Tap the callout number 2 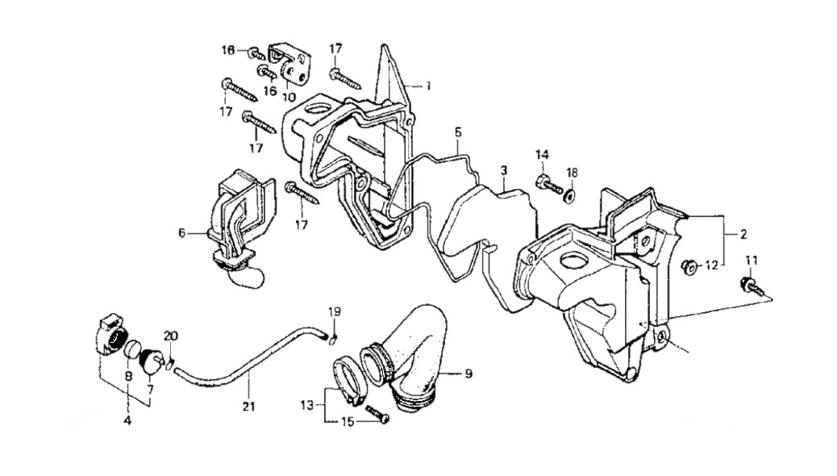pos(743,234)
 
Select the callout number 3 pos(503,171)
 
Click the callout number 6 pos(181,233)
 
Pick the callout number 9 pos(468,374)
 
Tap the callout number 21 pos(248,407)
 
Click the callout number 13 pos(307,406)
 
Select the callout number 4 pos(127,421)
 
